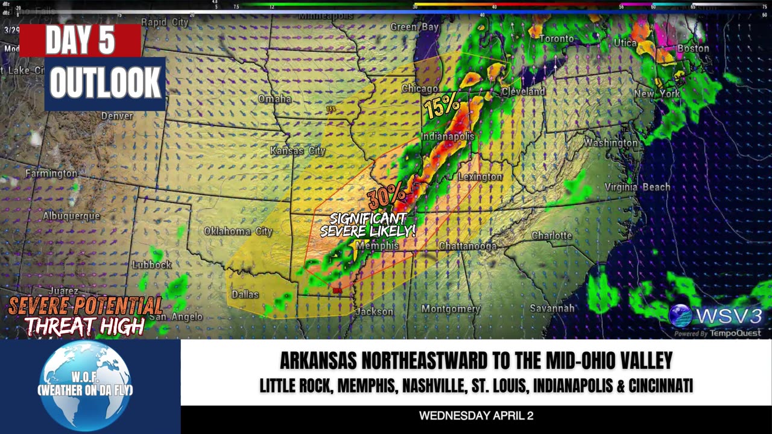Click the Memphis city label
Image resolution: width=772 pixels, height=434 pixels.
[377, 246]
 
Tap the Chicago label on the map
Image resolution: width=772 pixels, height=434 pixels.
[420, 89]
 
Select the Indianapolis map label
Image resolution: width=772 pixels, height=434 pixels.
[448, 137]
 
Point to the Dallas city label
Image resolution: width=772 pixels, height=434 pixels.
[245, 294]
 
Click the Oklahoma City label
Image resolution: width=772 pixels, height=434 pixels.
[238, 231]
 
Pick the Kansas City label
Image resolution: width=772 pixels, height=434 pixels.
[297, 150]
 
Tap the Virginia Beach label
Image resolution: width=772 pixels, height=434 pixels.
[638, 187]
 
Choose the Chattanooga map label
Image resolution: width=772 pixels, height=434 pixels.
[467, 246]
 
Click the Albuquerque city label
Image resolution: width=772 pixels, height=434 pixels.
[71, 216]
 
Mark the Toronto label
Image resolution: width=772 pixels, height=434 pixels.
[556, 39]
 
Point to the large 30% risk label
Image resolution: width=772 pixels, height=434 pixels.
[387, 196]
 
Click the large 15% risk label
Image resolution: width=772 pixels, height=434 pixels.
[442, 107]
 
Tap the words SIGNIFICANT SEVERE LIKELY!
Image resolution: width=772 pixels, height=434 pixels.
[367, 225]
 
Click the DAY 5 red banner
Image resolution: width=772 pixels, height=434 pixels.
[80, 40]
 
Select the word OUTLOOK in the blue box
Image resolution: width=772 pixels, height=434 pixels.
[105, 83]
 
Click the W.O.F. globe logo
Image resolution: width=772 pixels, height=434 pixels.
[85, 386]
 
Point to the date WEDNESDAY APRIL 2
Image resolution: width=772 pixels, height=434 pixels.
[476, 416]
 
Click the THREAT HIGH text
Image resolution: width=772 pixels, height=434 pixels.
[84, 326]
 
